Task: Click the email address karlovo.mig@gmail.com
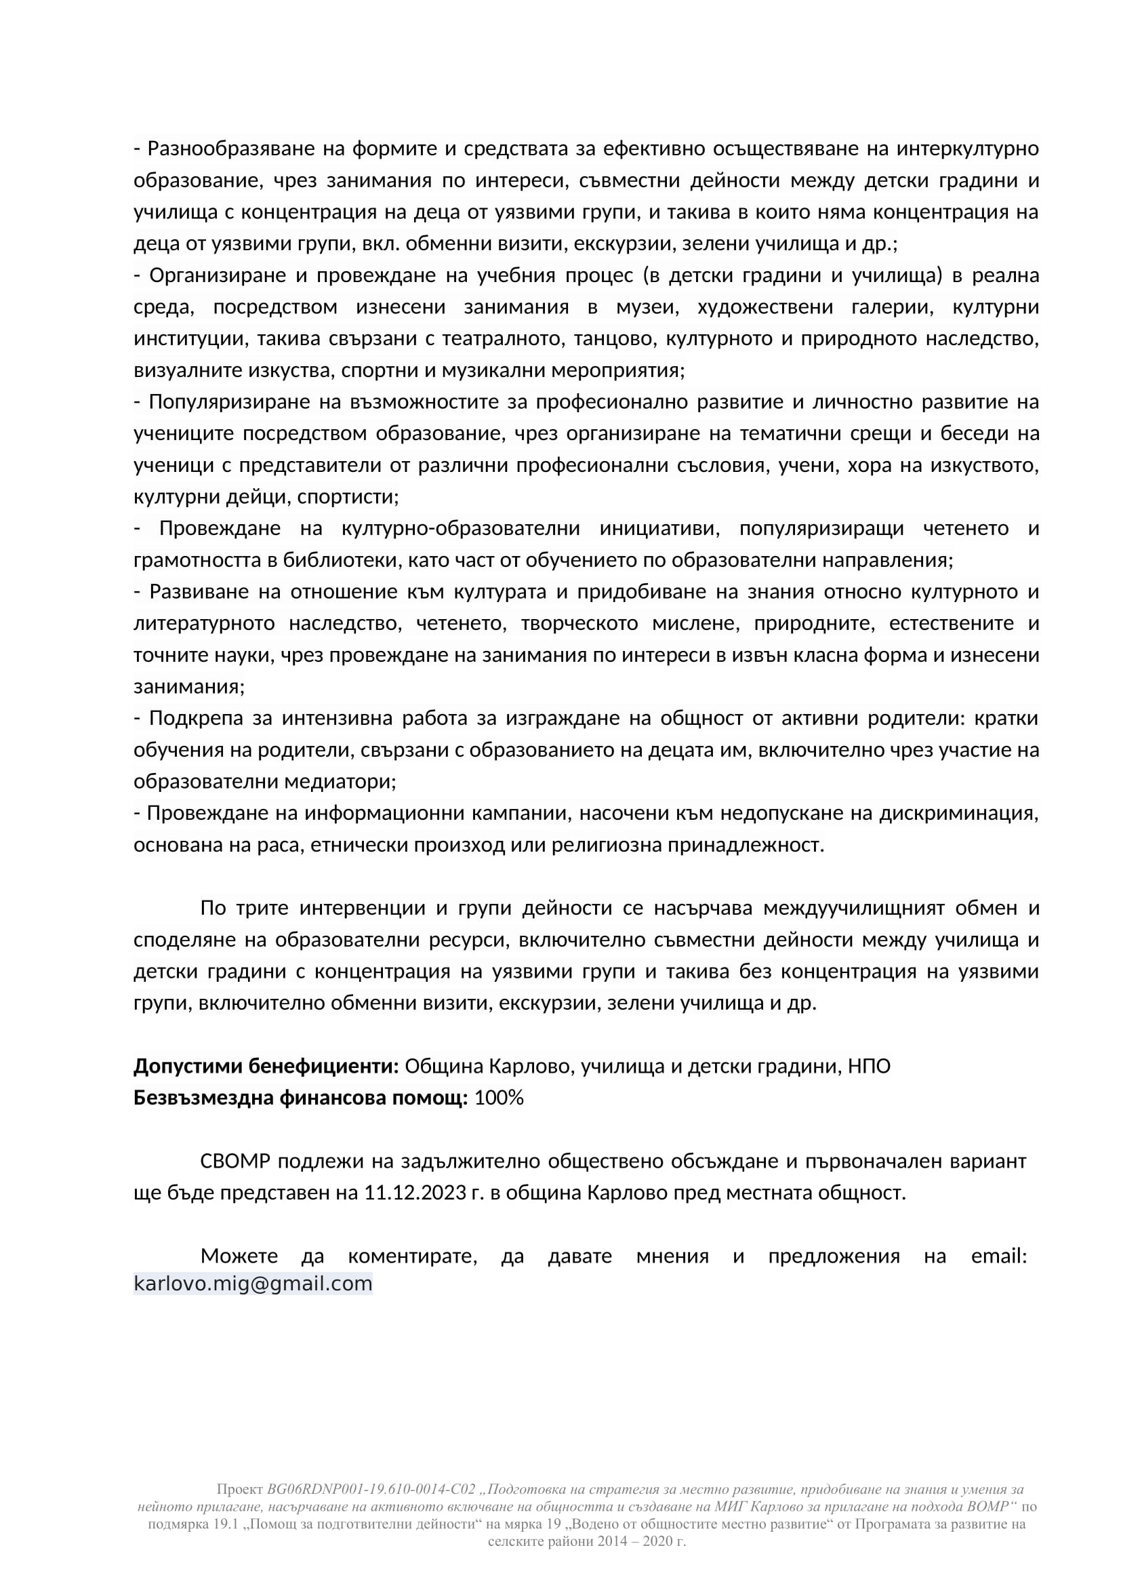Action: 253,1284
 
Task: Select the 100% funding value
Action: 498,1098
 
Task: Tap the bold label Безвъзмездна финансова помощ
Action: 300,1098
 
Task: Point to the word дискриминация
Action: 959,813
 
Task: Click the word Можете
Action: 239,1256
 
